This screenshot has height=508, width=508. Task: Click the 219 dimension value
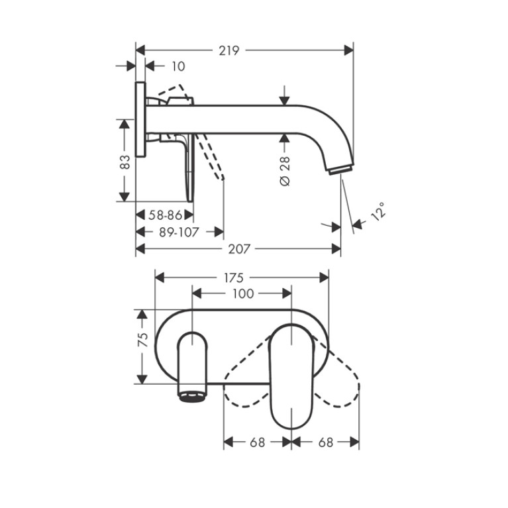pos(229,50)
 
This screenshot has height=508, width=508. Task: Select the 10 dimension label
pos(178,66)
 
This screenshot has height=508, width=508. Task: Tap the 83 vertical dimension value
pos(125,162)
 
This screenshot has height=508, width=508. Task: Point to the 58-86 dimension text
pos(165,215)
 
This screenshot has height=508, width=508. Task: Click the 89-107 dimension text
pos(179,232)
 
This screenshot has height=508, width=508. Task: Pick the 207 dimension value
pos(239,249)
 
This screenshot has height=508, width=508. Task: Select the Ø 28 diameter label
pos(284,171)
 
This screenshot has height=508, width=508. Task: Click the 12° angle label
pos(378,211)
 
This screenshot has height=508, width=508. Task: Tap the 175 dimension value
pos(232,278)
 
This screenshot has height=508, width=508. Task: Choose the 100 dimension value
pos(243,293)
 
